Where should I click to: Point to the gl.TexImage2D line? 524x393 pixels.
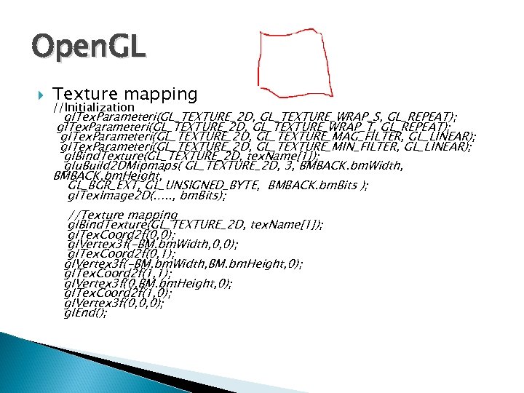[146, 196]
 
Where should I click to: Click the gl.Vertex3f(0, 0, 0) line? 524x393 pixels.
[114, 303]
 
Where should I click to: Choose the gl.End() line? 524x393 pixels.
[86, 313]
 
